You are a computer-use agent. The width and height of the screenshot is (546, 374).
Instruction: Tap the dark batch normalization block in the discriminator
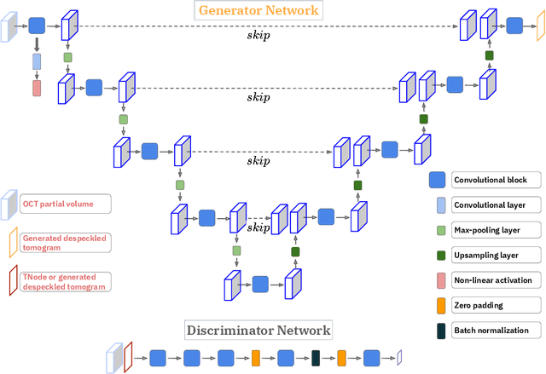(x=316, y=358)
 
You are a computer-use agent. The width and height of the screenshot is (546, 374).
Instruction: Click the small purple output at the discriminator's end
(x=398, y=358)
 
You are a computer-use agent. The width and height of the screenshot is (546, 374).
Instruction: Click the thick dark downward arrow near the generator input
(x=37, y=44)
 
